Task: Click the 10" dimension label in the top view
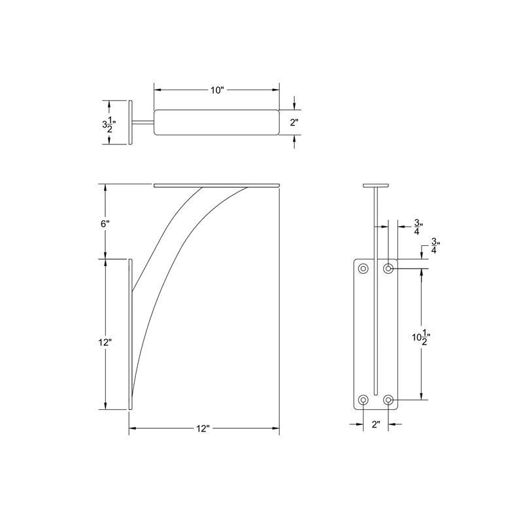217,90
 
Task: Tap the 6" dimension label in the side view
105,224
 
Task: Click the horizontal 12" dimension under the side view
203,429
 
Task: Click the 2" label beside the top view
294,123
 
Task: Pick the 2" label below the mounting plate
376,425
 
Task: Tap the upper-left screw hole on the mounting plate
363,268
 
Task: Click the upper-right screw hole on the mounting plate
388,268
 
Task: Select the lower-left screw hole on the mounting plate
363,399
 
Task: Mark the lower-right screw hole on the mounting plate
388,399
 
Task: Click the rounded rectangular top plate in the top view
217,123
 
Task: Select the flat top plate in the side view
217,186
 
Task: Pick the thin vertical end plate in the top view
130,123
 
